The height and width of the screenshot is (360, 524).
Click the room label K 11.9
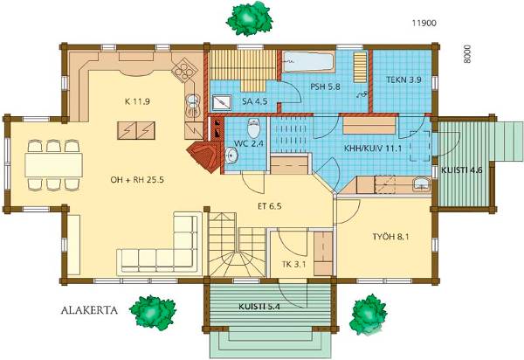coord(137,101)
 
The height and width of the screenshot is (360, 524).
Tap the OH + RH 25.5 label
coord(137,180)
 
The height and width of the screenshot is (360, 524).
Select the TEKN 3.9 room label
coord(403,80)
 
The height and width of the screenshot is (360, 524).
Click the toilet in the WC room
coord(253,128)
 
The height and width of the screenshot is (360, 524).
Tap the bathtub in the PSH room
coord(308,61)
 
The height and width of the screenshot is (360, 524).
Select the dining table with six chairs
coord(53,165)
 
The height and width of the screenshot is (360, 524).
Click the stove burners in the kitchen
coord(183,70)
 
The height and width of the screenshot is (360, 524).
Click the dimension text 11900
coord(424,23)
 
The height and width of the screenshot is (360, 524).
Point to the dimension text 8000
coord(467,54)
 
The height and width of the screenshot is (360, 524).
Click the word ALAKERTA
coord(89,310)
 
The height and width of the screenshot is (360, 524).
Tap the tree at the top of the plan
coord(249,18)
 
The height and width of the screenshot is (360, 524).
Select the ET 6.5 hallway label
coord(269,206)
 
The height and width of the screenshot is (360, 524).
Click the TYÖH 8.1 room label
coord(390,237)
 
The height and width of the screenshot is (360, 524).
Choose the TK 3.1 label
coord(294,265)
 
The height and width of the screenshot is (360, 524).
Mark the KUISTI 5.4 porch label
coord(259,307)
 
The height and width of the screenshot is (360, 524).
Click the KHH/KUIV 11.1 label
coord(373,149)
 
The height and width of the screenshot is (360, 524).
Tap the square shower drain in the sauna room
coord(222,102)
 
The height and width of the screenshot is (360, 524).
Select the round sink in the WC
coord(231,156)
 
